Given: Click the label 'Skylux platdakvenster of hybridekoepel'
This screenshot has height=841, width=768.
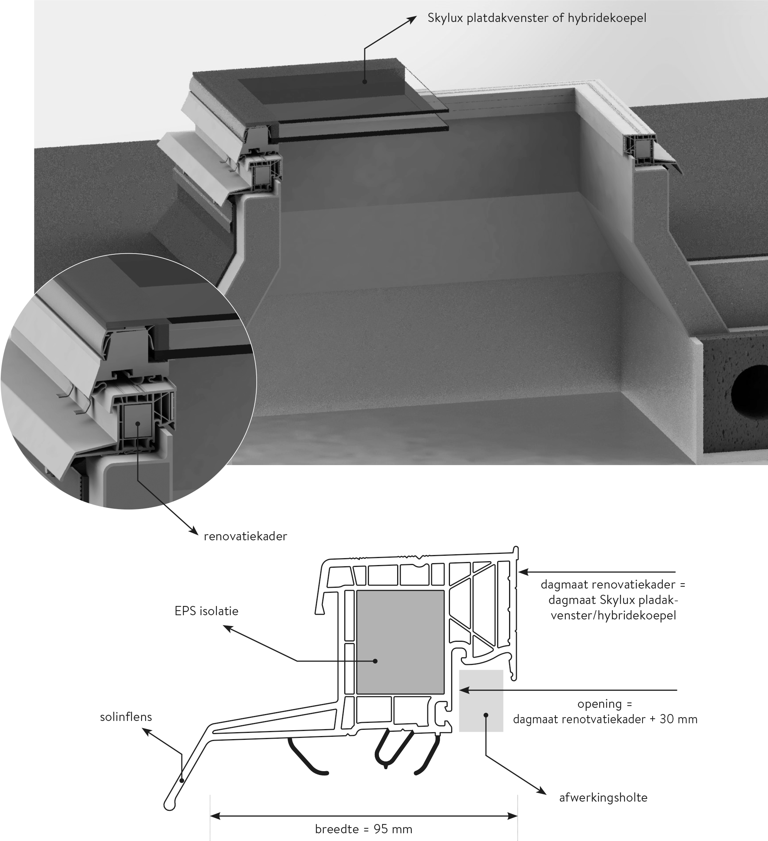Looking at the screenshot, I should [537, 19].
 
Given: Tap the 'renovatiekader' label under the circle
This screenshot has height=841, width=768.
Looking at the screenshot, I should [245, 536].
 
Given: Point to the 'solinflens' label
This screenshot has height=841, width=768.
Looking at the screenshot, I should [126, 717].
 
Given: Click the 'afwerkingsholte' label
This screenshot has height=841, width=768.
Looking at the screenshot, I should [603, 798].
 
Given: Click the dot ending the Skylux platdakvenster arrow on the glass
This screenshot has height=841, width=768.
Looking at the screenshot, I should [365, 82].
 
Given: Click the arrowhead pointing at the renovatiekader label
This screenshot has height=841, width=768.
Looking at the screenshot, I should [195, 532].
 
